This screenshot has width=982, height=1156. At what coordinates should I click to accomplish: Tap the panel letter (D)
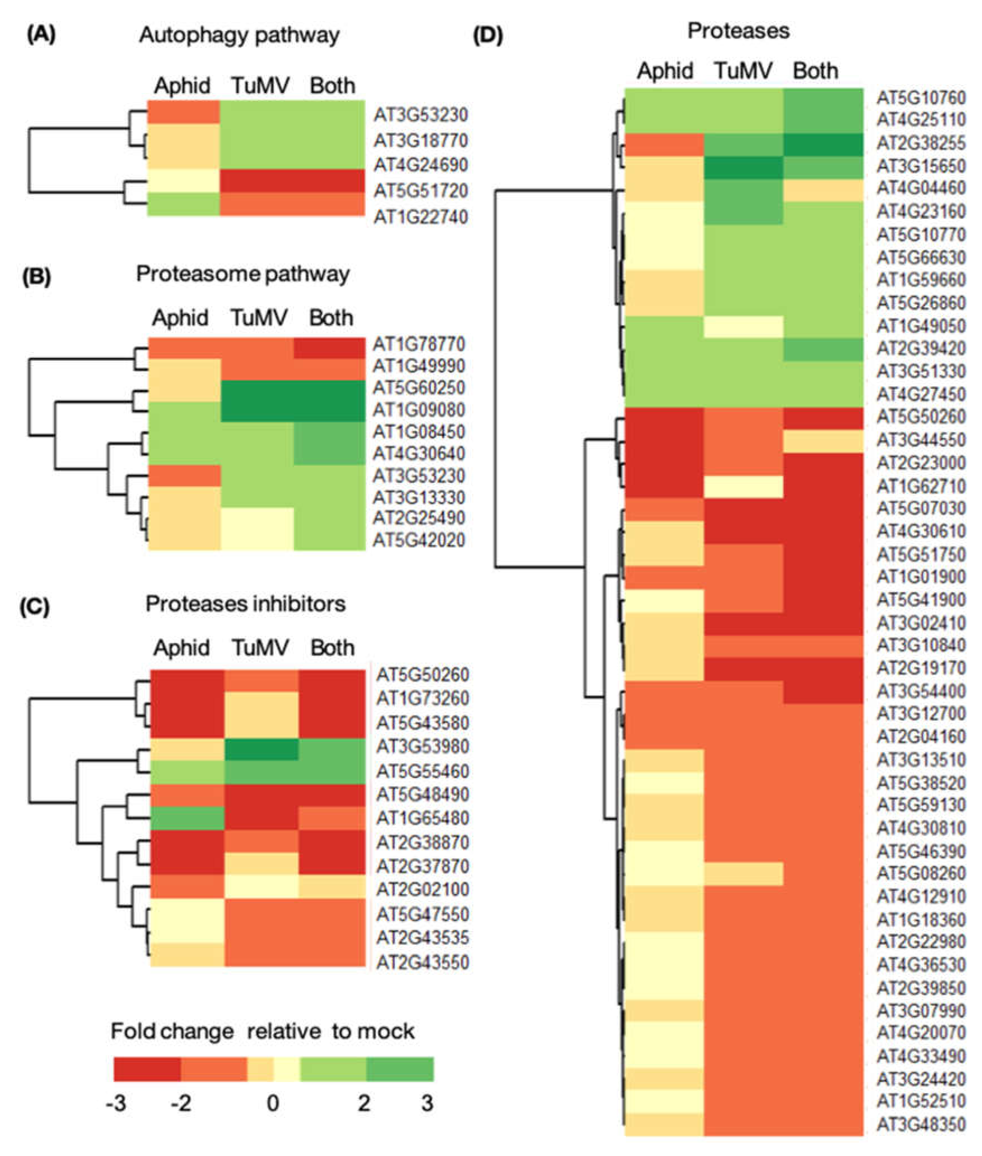coord(488,36)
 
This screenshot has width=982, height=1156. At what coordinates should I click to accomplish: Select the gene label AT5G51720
coord(420,191)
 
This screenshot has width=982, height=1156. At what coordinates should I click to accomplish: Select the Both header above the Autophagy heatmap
coord(332,86)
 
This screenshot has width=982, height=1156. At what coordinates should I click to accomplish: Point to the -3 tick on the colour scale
coord(116,1103)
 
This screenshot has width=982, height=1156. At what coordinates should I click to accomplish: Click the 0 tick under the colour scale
coord(273,1103)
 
